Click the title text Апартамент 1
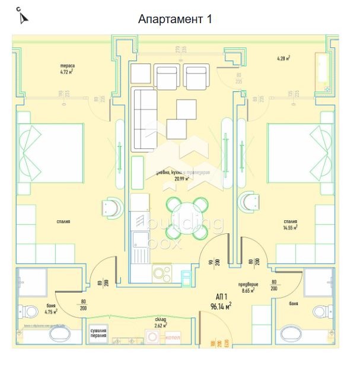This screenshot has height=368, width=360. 175,19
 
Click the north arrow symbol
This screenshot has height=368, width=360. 23,16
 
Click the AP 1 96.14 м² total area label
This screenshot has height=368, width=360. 221,302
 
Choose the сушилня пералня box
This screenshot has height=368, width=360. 98,334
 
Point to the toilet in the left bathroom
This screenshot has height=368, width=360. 28,310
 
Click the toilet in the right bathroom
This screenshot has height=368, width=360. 324,311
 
